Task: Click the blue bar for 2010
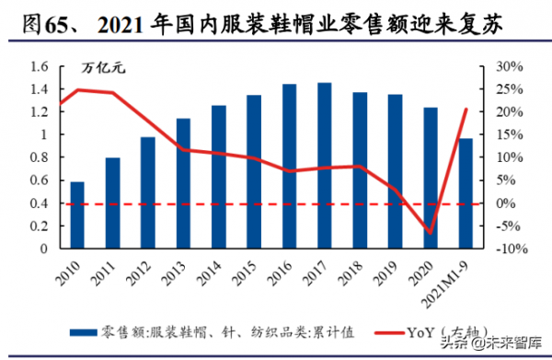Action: [77, 215]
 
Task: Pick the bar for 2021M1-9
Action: [466, 193]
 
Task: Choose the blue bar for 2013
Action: [183, 183]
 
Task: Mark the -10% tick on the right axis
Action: [511, 249]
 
